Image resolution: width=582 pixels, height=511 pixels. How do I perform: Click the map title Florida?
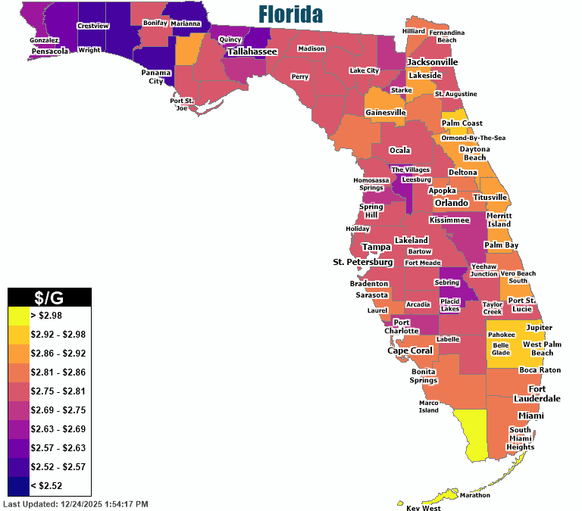(290, 14)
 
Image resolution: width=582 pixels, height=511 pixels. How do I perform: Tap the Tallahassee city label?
(252, 51)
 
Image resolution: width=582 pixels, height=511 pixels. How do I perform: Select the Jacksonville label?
(433, 61)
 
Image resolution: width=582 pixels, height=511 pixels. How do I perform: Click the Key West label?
(423, 508)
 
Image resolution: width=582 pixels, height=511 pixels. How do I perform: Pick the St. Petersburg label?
(363, 262)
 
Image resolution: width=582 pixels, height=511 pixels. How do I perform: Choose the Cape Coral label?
(410, 351)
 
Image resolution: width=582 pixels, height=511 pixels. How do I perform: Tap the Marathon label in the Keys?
(474, 495)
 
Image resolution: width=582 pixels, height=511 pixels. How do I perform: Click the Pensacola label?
(50, 51)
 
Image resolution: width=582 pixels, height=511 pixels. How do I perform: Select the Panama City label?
(155, 76)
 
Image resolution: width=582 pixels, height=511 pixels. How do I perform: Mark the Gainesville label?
(386, 112)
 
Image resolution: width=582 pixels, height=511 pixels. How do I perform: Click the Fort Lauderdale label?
(537, 394)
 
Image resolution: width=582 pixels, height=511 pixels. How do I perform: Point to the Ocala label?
(400, 150)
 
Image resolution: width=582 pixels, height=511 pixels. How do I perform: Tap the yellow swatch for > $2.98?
(18, 314)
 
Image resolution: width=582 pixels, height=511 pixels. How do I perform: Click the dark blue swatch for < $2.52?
(18, 485)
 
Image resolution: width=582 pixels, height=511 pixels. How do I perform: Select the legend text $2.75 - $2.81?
(58, 390)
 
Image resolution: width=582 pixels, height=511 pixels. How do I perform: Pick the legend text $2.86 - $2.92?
(58, 352)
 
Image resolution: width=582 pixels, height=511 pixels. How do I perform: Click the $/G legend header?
(49, 297)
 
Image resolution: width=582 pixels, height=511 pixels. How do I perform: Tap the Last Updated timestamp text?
(76, 503)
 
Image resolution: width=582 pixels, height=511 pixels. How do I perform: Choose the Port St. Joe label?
(182, 104)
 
